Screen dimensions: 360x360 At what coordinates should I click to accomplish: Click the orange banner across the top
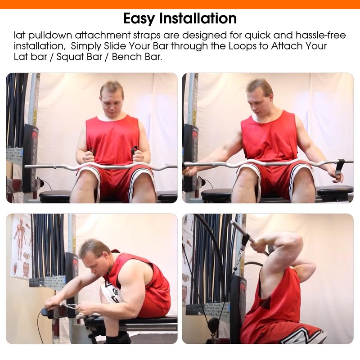pyautogui.click(x=180, y=4)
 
